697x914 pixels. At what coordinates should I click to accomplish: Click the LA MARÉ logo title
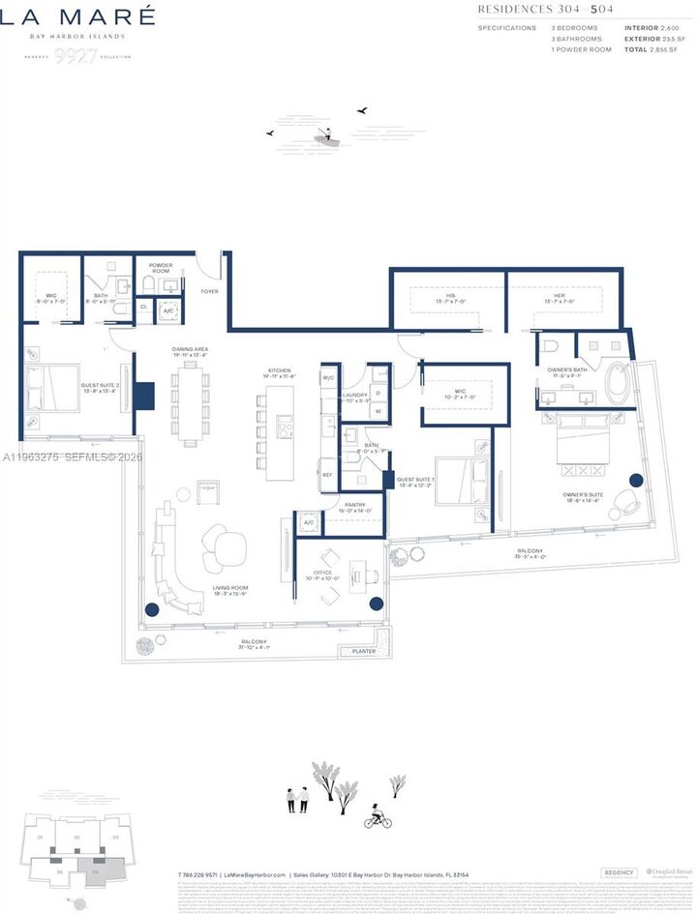[x=77, y=16]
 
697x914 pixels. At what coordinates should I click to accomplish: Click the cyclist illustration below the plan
[x=378, y=817]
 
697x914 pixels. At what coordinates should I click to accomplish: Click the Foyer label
[x=210, y=290]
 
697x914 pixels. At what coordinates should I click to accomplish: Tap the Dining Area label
[x=190, y=351]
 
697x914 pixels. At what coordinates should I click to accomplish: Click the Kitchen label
[x=281, y=371]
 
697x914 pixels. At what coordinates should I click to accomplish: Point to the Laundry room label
[x=354, y=397]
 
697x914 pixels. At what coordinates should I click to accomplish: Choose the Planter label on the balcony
[x=365, y=651]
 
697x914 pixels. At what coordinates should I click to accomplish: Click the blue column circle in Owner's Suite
[x=636, y=480]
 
